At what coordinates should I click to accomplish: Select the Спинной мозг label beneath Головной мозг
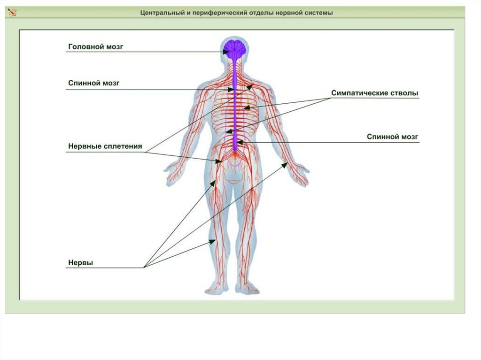coord(94,83)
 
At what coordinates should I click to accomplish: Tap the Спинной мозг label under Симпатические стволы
coord(392,137)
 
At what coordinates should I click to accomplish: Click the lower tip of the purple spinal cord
coord(235,150)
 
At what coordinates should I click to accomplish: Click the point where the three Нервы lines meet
coord(144,268)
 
